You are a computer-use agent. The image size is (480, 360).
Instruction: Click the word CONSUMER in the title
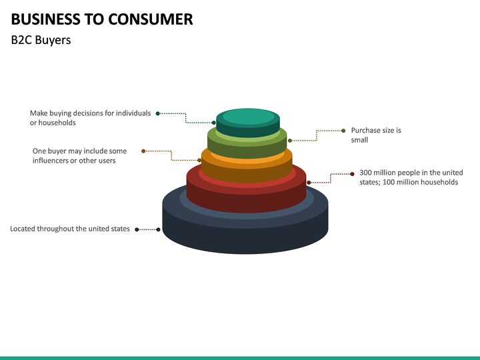pos(150,19)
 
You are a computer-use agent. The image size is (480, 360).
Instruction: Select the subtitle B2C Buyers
pos(41,40)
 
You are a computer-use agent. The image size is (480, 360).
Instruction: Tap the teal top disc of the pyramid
pos(248,117)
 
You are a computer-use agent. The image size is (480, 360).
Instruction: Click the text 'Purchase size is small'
pos(376,135)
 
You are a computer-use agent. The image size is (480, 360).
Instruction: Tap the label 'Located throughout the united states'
pos(70,229)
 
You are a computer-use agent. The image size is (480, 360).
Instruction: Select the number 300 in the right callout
pos(367,173)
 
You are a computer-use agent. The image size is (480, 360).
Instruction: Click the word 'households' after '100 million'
pos(439,182)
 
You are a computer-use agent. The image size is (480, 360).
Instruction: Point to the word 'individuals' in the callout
pos(133,113)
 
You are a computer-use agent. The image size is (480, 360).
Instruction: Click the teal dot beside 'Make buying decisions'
pos(158,113)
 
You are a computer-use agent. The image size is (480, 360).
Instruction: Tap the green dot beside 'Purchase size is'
pos(343,131)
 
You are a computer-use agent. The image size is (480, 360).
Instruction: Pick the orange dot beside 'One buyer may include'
pos(143,151)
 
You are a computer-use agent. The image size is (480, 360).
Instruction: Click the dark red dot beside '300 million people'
pos(352,174)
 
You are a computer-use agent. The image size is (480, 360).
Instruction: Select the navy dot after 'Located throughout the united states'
pos(137,229)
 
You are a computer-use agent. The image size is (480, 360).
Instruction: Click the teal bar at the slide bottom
pos(240,358)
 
